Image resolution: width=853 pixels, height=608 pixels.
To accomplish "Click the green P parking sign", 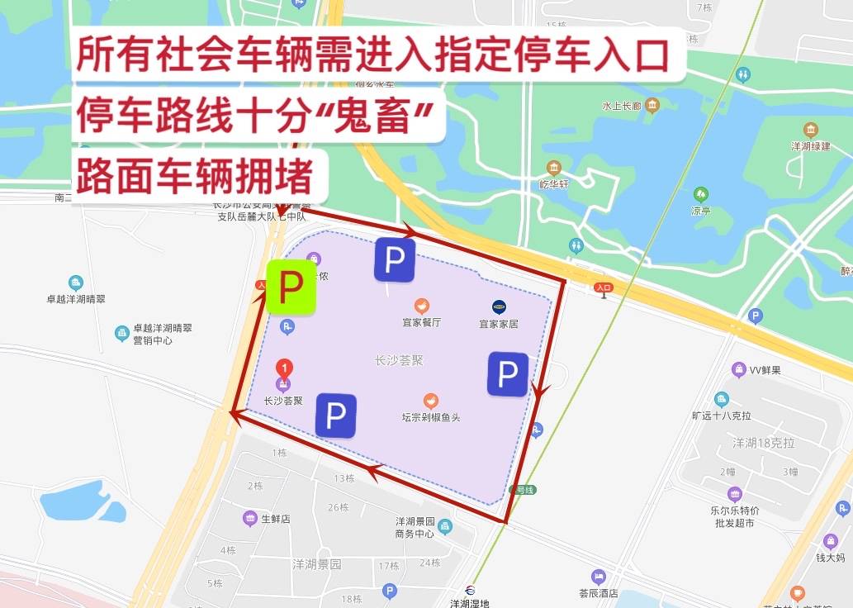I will (290, 287).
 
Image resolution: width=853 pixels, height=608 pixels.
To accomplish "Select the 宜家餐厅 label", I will (421, 323).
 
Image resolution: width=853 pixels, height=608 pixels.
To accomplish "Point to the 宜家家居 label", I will (499, 324).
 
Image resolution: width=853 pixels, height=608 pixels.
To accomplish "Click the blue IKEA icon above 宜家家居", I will (499, 306).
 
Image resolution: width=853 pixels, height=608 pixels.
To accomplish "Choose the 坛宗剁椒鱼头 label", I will (431, 418).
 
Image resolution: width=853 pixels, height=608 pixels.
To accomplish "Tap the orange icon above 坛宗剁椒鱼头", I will (430, 401).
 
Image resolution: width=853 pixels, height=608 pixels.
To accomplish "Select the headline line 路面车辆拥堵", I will (196, 176).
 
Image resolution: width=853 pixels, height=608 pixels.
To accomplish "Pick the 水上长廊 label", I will (621, 106).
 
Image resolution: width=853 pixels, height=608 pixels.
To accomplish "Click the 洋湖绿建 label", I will (810, 146).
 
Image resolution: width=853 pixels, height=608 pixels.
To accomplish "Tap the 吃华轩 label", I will (554, 184).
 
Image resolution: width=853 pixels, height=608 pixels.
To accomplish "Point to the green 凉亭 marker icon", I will (701, 194).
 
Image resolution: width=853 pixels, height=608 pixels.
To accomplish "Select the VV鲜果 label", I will (765, 370).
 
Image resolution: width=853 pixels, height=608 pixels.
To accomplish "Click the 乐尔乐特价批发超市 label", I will (734, 516).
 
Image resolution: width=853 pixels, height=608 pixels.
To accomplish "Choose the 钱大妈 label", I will (830, 558).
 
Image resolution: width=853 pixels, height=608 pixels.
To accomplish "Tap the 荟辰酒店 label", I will (598, 593).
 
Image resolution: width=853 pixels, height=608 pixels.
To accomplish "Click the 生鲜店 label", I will (276, 519).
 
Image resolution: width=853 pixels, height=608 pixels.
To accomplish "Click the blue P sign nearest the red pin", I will (335, 416).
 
